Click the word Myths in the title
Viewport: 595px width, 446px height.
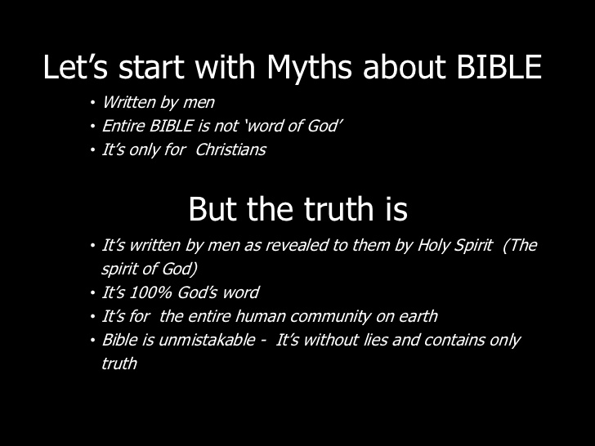point(309,68)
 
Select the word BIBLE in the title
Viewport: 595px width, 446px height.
point(499,67)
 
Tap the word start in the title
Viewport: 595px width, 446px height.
point(151,67)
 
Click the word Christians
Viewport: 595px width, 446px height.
point(230,149)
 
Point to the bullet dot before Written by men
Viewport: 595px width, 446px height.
point(92,102)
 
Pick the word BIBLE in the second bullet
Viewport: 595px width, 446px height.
point(171,126)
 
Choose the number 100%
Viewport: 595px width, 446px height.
point(151,292)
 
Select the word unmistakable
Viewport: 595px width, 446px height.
point(207,340)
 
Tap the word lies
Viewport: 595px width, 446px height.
point(376,340)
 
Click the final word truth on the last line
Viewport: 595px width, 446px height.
point(119,363)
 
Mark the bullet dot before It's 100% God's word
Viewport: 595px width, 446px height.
point(92,292)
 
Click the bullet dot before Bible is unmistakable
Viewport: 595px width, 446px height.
point(92,340)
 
